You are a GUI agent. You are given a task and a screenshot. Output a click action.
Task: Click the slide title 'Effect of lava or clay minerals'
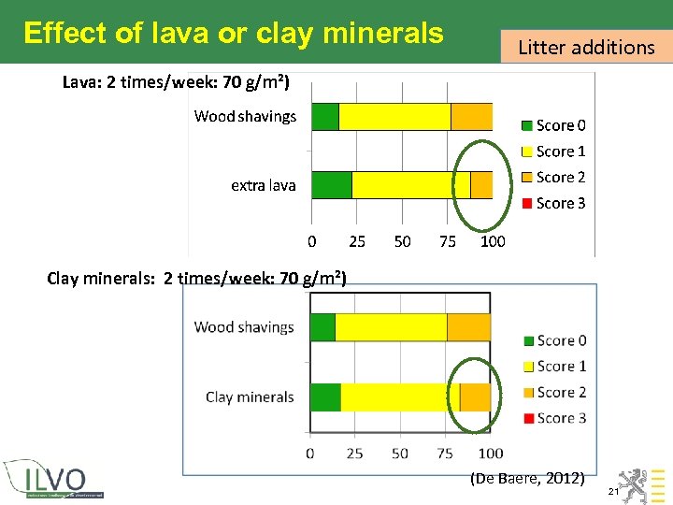pyautogui.click(x=234, y=33)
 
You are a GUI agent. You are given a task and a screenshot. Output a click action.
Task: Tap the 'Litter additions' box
pyautogui.click(x=586, y=47)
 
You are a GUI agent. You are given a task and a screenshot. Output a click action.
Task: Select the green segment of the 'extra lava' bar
pyautogui.click(x=331, y=185)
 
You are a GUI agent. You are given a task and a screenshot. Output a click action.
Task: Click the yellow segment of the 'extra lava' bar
pyautogui.click(x=410, y=185)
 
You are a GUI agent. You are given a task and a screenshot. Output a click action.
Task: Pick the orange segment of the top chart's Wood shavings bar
pyautogui.click(x=471, y=117)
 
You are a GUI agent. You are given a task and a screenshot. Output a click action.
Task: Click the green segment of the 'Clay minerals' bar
pyautogui.click(x=325, y=397)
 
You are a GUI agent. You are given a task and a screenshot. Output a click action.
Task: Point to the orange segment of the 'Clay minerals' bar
pyautogui.click(x=475, y=397)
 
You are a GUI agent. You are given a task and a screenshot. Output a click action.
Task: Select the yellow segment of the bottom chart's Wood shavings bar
pyautogui.click(x=391, y=327)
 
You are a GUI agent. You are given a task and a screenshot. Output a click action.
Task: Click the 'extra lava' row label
pyautogui.click(x=263, y=185)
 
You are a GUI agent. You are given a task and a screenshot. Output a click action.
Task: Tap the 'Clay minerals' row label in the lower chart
pyautogui.click(x=250, y=397)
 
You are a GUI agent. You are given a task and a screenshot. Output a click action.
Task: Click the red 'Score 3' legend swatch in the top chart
pyautogui.click(x=527, y=204)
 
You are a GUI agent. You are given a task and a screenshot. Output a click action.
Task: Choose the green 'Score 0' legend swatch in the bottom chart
pyautogui.click(x=527, y=341)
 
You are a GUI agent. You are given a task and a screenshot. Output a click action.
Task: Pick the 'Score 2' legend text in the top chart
pyautogui.click(x=561, y=178)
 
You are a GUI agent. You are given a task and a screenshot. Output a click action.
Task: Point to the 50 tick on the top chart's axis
pyautogui.click(x=402, y=241)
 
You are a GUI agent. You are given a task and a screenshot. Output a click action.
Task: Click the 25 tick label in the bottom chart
pyautogui.click(x=354, y=454)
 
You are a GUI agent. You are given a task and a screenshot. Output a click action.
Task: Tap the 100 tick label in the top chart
pyautogui.click(x=492, y=241)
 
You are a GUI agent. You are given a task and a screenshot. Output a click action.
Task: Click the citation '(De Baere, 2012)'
pyautogui.click(x=527, y=478)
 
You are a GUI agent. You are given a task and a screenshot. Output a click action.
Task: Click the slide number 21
pyautogui.click(x=613, y=491)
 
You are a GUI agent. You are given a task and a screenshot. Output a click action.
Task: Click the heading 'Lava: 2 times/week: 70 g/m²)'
pyautogui.click(x=176, y=81)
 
